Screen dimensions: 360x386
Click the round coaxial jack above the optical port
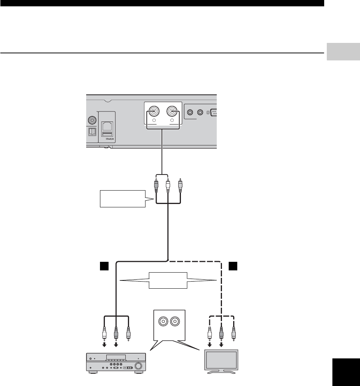coord(91,120)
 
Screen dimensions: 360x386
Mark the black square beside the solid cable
coord(103,266)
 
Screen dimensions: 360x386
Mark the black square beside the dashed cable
coord(233,266)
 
